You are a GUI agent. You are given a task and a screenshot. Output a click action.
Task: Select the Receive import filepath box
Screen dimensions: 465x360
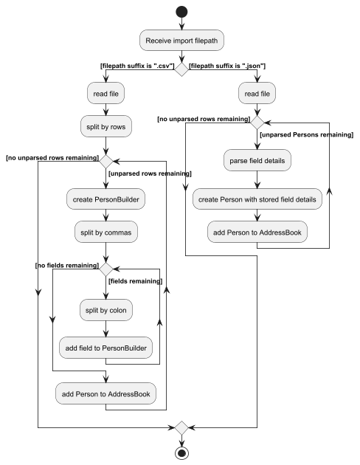tap(181, 41)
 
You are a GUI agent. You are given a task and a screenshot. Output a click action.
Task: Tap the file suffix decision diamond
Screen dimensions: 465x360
tap(181, 67)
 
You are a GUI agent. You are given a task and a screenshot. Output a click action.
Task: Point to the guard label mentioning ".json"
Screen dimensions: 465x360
tap(228, 66)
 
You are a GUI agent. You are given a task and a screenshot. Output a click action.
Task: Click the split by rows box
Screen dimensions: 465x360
tap(108, 126)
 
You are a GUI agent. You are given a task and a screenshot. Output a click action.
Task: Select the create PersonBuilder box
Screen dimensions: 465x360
tap(108, 199)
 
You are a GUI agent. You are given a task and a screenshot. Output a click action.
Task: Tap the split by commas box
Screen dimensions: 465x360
tap(108, 231)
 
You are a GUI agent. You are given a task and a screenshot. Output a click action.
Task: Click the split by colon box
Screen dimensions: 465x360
tap(108, 310)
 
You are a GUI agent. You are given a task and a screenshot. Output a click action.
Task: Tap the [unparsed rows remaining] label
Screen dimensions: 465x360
tap(150, 173)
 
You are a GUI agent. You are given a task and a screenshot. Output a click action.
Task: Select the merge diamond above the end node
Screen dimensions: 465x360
tap(181, 427)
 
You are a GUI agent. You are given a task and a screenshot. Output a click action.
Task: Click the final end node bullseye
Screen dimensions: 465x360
tap(181, 452)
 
